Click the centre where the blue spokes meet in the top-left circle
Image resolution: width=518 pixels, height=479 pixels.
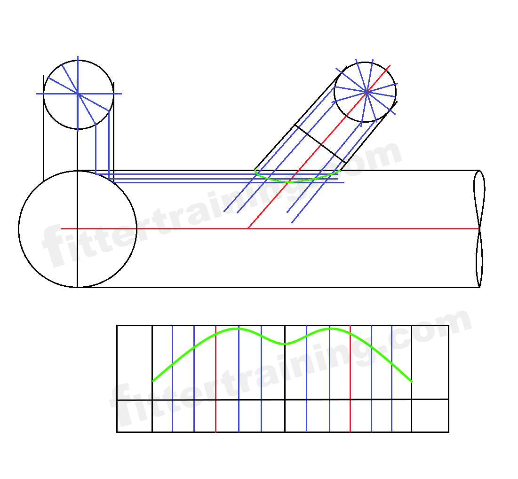tap(78, 94)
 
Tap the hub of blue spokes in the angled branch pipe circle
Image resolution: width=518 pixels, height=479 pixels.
tap(367, 92)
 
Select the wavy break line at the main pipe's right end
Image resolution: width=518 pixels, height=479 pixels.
tap(479, 229)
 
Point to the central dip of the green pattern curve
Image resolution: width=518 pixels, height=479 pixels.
tap(285, 344)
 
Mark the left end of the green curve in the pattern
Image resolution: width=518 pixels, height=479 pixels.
tap(153, 380)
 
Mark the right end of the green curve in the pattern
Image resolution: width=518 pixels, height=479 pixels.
tap(412, 381)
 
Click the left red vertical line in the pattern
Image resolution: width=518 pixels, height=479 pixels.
tap(215, 376)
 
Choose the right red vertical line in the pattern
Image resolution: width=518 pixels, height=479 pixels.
tap(351, 376)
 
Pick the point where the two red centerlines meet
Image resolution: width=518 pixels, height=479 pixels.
tap(248, 228)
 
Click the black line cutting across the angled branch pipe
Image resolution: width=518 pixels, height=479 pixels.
tap(320, 144)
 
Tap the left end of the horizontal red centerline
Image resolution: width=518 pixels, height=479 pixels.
tap(62, 228)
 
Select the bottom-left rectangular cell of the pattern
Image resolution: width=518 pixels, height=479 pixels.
tap(135, 416)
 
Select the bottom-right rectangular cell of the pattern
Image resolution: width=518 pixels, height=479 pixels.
tap(430, 415)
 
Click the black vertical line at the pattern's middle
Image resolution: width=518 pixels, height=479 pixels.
tap(285, 376)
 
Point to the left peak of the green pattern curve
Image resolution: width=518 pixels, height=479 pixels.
tap(238, 329)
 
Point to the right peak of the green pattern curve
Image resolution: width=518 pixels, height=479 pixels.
tap(331, 329)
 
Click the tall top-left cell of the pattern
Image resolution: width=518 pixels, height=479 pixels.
tap(135, 362)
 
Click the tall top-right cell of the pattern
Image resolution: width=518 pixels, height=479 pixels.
tap(430, 362)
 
